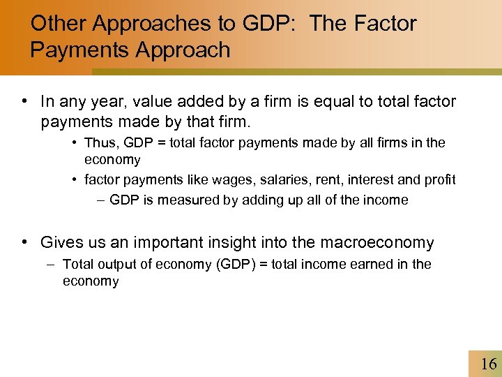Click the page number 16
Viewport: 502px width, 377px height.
pyautogui.click(x=489, y=363)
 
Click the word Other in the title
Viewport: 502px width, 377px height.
pyautogui.click(x=59, y=24)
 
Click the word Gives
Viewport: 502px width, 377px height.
pyautogui.click(x=61, y=243)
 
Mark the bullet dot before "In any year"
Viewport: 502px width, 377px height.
pyautogui.click(x=25, y=101)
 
